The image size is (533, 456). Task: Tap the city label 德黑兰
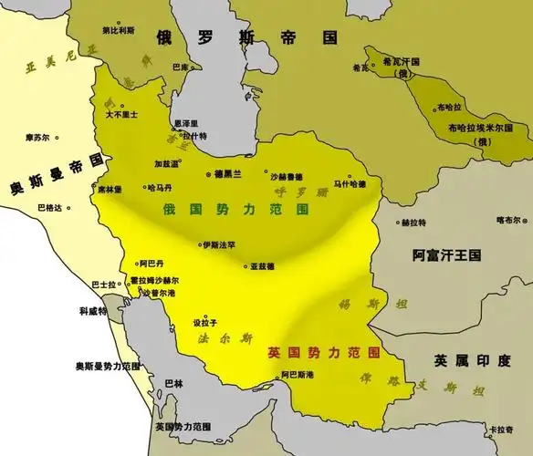click(227, 173)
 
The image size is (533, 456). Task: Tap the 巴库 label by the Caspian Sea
click(182, 67)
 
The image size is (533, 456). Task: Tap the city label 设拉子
click(205, 324)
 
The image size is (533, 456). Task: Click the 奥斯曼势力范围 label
click(107, 366)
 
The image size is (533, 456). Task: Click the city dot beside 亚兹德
click(244, 266)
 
